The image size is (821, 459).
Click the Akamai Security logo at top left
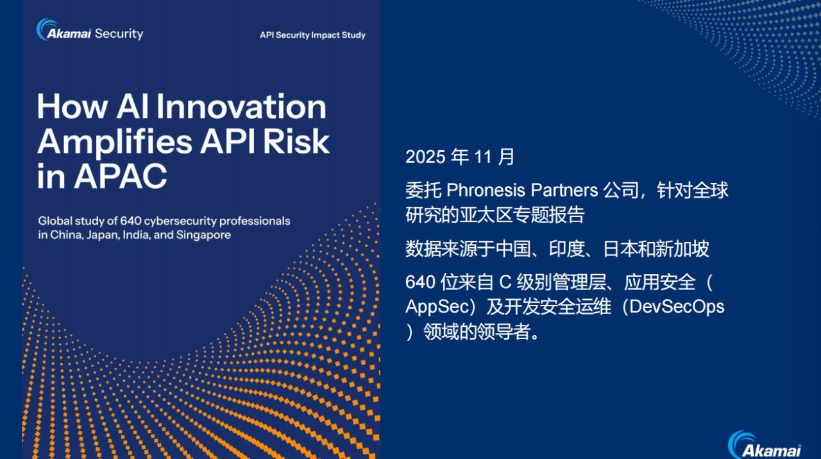tap(90, 30)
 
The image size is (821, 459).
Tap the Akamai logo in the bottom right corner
tap(765, 445)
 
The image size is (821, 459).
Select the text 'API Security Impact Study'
tap(312, 35)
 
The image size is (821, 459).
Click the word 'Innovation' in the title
tap(242, 107)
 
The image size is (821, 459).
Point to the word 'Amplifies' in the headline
tap(115, 143)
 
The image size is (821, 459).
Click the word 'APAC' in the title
tap(121, 175)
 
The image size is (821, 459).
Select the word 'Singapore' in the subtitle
tap(203, 235)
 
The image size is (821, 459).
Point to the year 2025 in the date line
tap(425, 157)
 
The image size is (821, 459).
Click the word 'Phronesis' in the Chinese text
tap(486, 191)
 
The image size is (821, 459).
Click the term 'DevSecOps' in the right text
tap(677, 307)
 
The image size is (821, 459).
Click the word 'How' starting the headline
tap(72, 107)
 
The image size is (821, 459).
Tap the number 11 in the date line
tap(483, 157)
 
